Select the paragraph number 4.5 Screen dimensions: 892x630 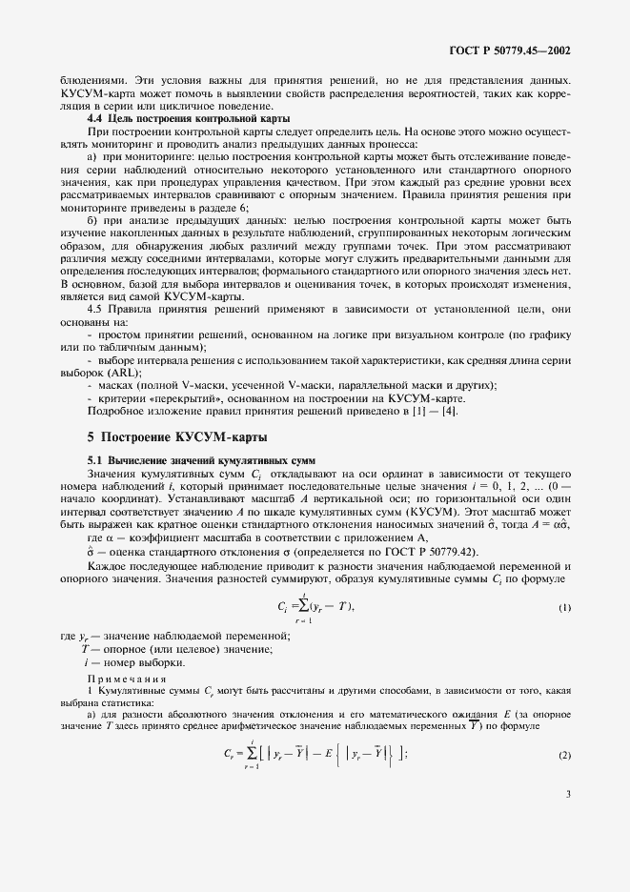pyautogui.click(x=97, y=311)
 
